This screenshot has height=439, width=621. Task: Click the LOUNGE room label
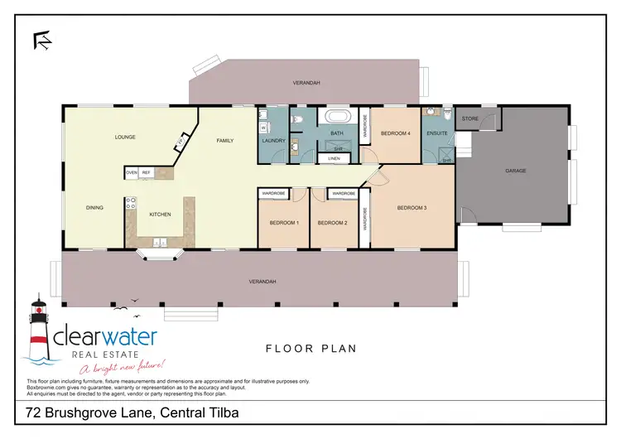pyautogui.click(x=125, y=137)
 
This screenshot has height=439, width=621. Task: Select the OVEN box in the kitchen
pyautogui.click(x=131, y=173)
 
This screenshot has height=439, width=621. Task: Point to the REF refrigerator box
pyautogui.click(x=146, y=173)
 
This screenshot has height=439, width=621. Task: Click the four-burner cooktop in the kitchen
pyautogui.click(x=130, y=202)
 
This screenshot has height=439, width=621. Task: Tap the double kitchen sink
pyautogui.click(x=160, y=243)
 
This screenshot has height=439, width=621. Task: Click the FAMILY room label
pyautogui.click(x=225, y=141)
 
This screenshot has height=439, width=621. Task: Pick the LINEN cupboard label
pyautogui.click(x=334, y=157)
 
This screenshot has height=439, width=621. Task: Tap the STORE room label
pyautogui.click(x=470, y=119)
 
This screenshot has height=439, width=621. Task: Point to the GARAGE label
pyautogui.click(x=516, y=171)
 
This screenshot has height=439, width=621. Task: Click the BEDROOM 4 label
pyautogui.click(x=395, y=133)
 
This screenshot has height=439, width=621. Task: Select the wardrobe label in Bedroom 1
pyautogui.click(x=273, y=193)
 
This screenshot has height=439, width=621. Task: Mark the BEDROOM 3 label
pyautogui.click(x=412, y=207)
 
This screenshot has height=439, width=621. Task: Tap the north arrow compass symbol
pyautogui.click(x=41, y=39)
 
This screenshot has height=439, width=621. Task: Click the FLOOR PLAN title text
pyautogui.click(x=310, y=349)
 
